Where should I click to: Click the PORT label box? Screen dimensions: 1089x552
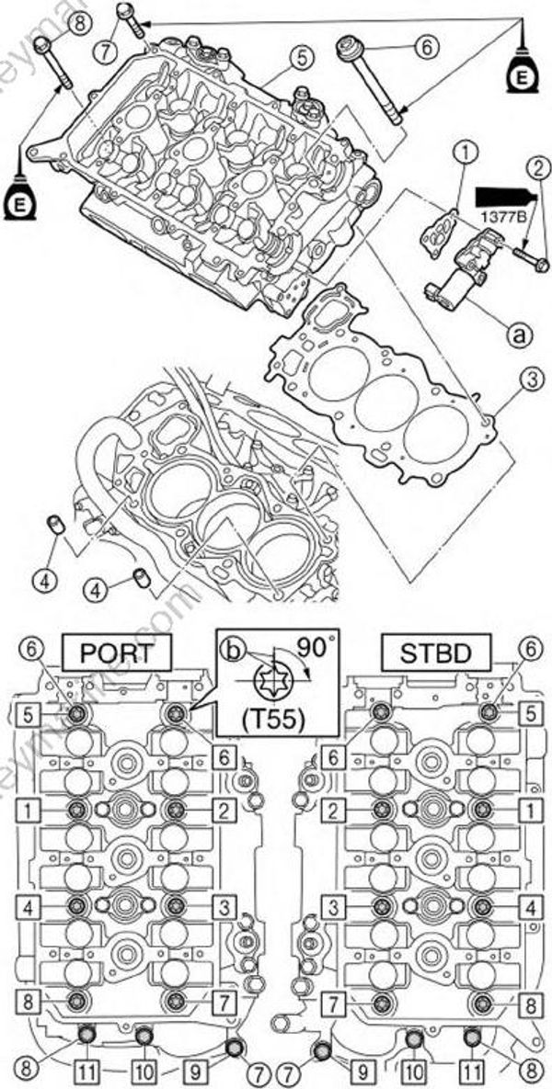pyautogui.click(x=116, y=653)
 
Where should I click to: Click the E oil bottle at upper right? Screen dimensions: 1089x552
pyautogui.click(x=522, y=76)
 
